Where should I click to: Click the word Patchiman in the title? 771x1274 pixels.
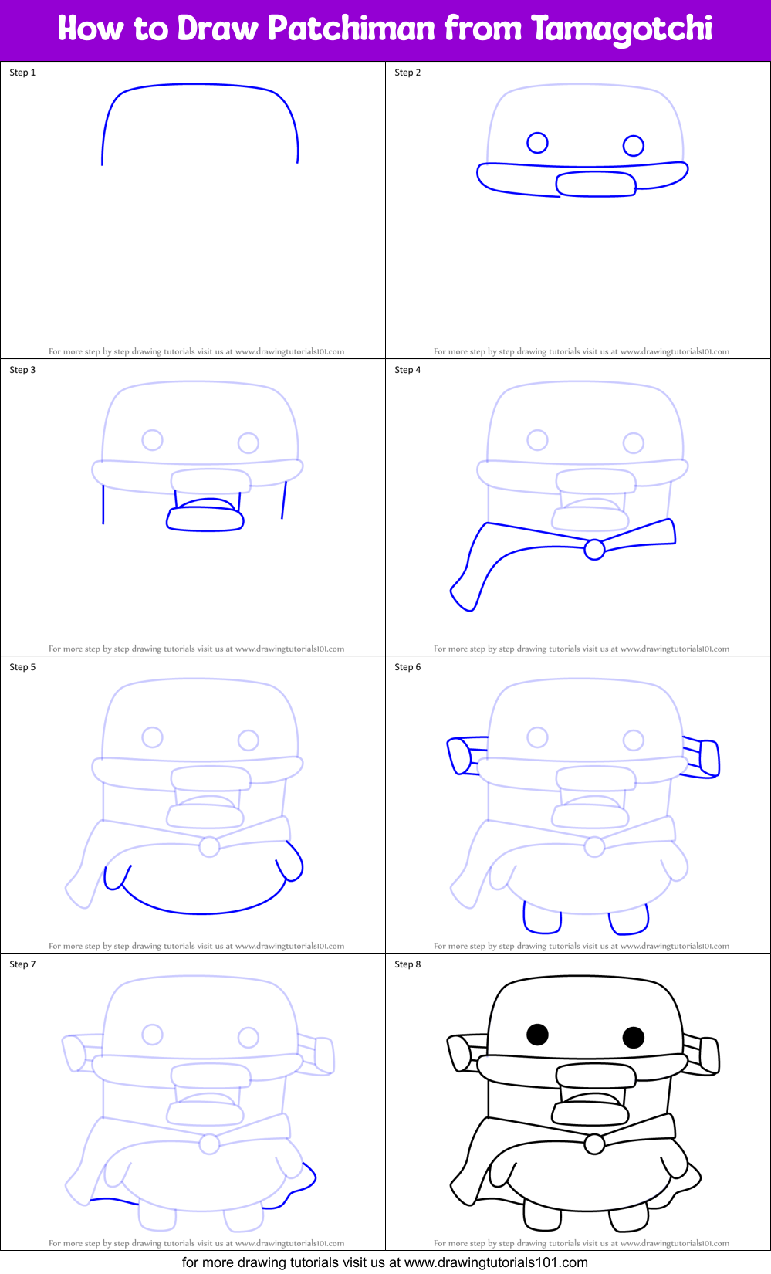pos(351,29)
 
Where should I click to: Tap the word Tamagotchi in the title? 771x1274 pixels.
pos(621,29)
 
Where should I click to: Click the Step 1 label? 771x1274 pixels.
pos(22,73)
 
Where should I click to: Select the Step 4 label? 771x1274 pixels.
pos(407,370)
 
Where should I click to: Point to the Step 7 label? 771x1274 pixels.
pos(22,964)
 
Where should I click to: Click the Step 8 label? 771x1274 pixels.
pos(407,964)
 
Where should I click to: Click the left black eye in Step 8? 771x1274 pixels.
pos(537,1034)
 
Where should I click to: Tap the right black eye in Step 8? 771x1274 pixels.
pos(633,1037)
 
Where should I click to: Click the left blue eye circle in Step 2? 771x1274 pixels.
pos(537,143)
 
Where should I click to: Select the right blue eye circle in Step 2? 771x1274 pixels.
pos(633,145)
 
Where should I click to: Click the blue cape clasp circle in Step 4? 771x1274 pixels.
pos(594,549)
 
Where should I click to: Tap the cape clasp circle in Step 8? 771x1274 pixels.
pos(594,1144)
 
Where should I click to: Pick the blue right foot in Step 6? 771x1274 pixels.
pos(629,919)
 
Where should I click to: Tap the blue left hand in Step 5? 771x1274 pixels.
pos(117,877)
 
